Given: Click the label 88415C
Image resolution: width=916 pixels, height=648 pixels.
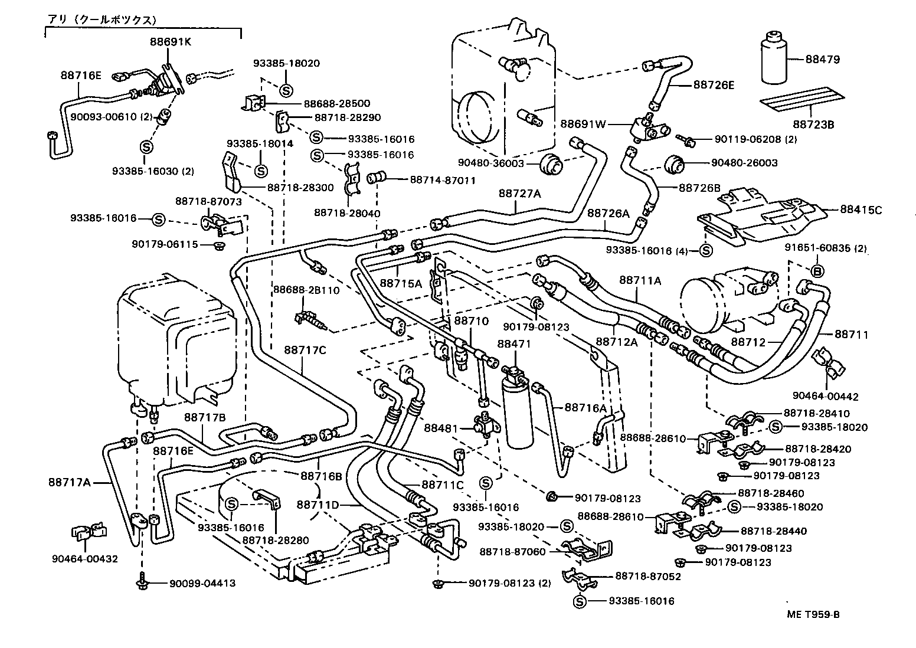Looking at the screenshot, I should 861,210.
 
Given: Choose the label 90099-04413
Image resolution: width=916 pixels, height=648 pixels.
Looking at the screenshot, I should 202,584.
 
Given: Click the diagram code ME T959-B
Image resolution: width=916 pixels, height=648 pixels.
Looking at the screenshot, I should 813,614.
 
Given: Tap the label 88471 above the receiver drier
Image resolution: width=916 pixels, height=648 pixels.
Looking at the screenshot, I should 514,343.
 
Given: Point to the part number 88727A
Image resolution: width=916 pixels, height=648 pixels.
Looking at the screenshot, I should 519,193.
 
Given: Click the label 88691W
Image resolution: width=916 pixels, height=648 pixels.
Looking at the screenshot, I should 583,124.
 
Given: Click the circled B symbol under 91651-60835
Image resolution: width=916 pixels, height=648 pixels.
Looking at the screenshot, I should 817,271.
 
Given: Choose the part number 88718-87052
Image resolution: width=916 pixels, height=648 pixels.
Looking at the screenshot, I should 648,576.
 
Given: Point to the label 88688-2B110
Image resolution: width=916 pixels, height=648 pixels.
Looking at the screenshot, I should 306,290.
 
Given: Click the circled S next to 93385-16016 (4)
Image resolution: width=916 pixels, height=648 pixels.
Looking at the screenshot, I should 705,250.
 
